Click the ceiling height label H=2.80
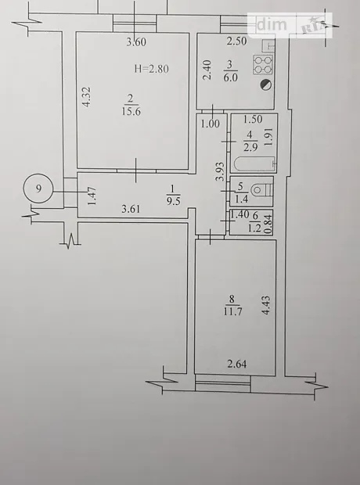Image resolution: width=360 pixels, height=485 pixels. [x=152, y=68]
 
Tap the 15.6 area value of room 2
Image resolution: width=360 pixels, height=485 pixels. [x=131, y=111]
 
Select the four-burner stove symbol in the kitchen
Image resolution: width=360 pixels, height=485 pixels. [x=263, y=65]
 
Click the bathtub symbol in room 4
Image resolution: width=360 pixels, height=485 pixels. [x=255, y=164]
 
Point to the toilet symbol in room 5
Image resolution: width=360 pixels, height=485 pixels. [x=261, y=190]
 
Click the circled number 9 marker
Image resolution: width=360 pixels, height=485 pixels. [x=38, y=189]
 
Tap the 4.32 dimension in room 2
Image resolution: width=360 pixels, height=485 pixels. [x=88, y=97]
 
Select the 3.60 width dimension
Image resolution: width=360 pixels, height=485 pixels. [x=136, y=42]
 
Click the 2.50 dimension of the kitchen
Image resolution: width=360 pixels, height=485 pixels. [x=237, y=41]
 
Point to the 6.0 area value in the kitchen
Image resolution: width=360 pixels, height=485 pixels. [x=231, y=77]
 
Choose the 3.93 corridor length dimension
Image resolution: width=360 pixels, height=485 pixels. [x=221, y=171]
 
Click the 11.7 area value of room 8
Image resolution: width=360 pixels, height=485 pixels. [x=232, y=311]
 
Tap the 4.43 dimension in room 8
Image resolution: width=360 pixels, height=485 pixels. [x=266, y=305]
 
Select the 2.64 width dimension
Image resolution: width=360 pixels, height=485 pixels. [x=237, y=364]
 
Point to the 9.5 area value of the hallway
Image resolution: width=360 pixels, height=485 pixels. [x=173, y=202]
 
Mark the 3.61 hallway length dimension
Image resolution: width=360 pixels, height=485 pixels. [x=131, y=209]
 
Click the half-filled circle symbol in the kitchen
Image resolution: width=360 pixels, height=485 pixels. [x=266, y=84]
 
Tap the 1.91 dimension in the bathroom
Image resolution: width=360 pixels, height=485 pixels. [x=268, y=137]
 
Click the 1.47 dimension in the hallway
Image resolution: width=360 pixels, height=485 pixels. [x=92, y=196]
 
